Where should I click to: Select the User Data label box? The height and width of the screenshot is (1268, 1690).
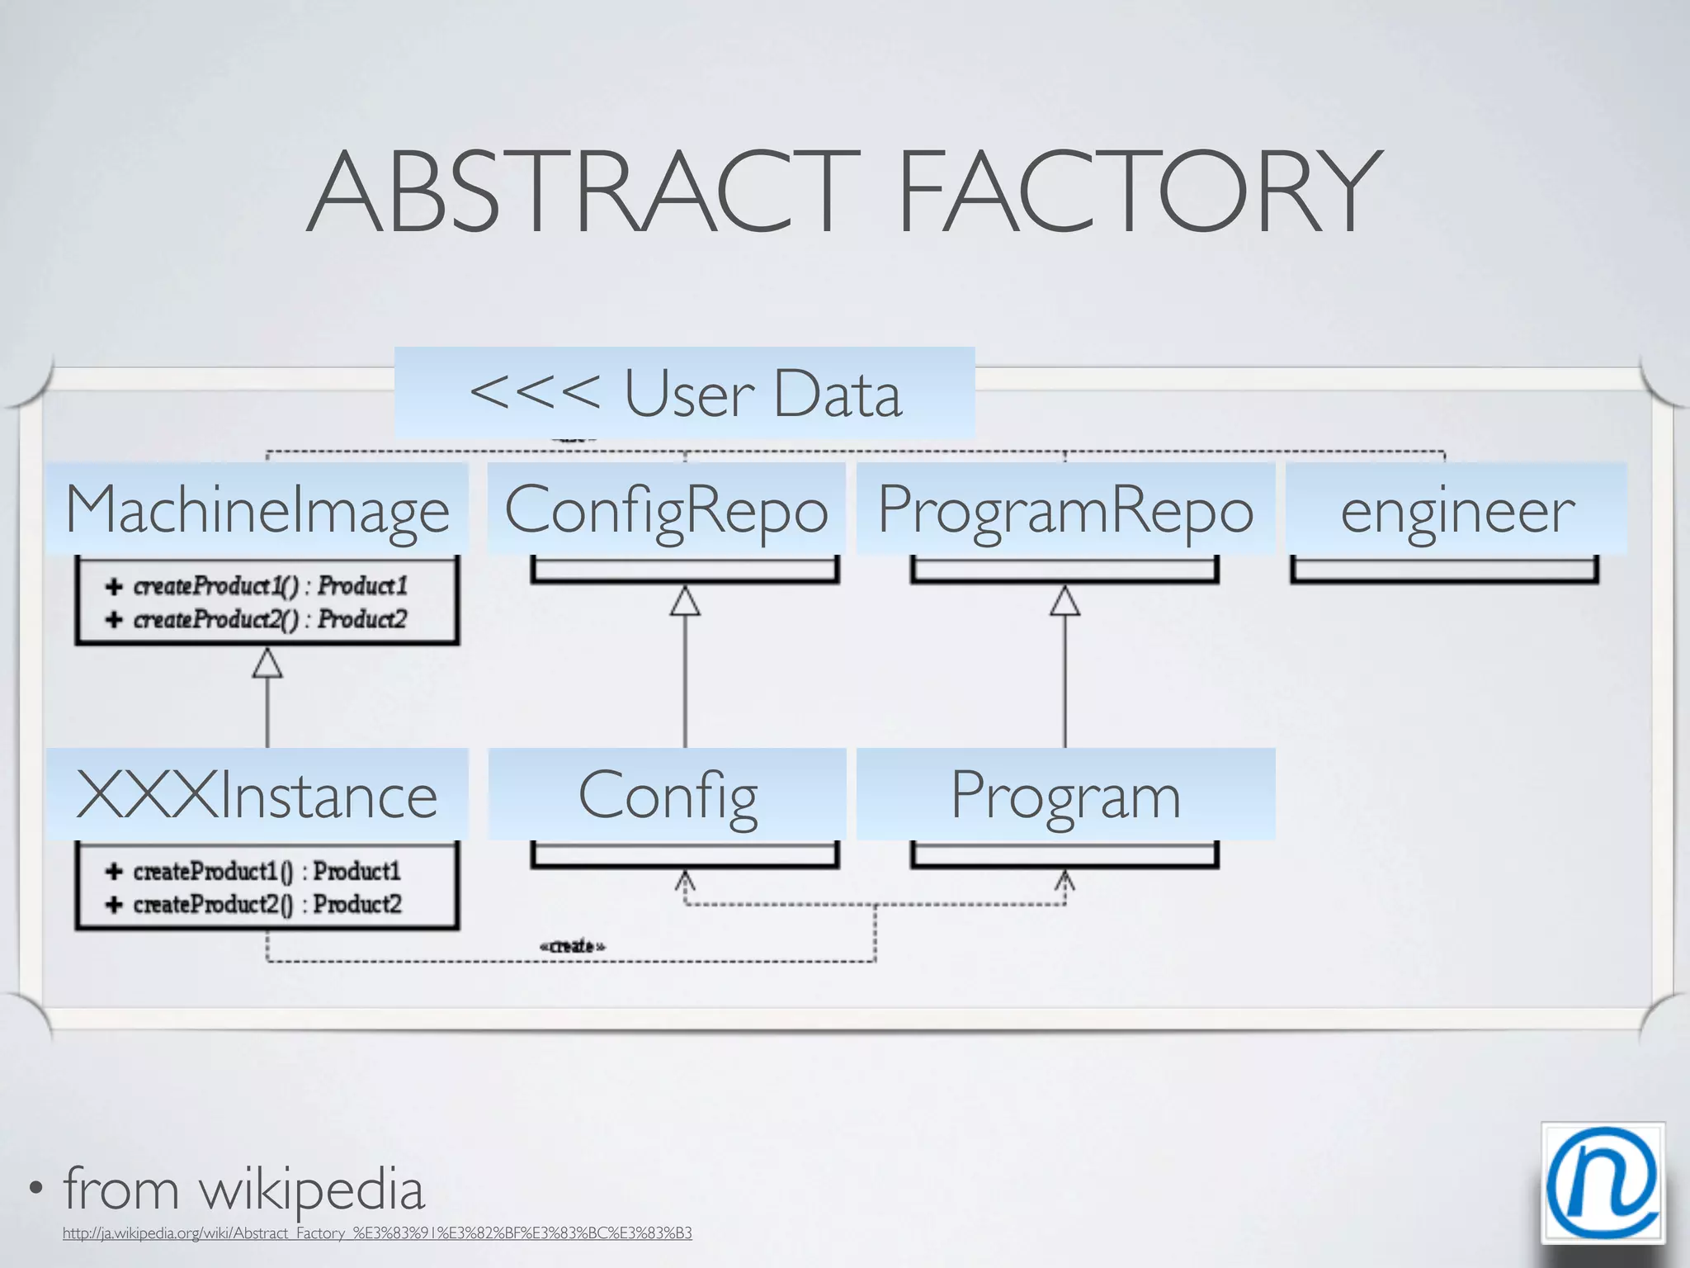(685, 393)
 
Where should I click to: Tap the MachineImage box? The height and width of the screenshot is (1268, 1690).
(257, 509)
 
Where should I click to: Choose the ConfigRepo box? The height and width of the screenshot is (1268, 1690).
(666, 509)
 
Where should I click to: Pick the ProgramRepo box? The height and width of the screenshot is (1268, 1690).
(1065, 509)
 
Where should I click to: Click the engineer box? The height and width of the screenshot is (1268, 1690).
(1456, 509)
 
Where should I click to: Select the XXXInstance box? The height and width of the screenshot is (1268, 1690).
(257, 794)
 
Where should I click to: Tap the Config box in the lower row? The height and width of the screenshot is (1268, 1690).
(667, 794)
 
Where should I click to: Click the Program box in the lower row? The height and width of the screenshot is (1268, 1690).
(1065, 794)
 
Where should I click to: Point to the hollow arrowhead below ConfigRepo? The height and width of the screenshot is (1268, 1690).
(685, 602)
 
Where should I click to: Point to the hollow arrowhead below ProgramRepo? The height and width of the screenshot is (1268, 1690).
(1065, 602)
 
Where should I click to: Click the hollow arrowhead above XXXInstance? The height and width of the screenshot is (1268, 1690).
(267, 664)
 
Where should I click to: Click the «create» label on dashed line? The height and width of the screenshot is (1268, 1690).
(572, 946)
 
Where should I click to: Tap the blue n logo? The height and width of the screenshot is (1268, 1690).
(1603, 1182)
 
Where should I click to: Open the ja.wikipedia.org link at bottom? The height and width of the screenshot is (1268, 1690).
(377, 1233)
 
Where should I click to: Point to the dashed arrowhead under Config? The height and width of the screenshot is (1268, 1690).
(685, 881)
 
